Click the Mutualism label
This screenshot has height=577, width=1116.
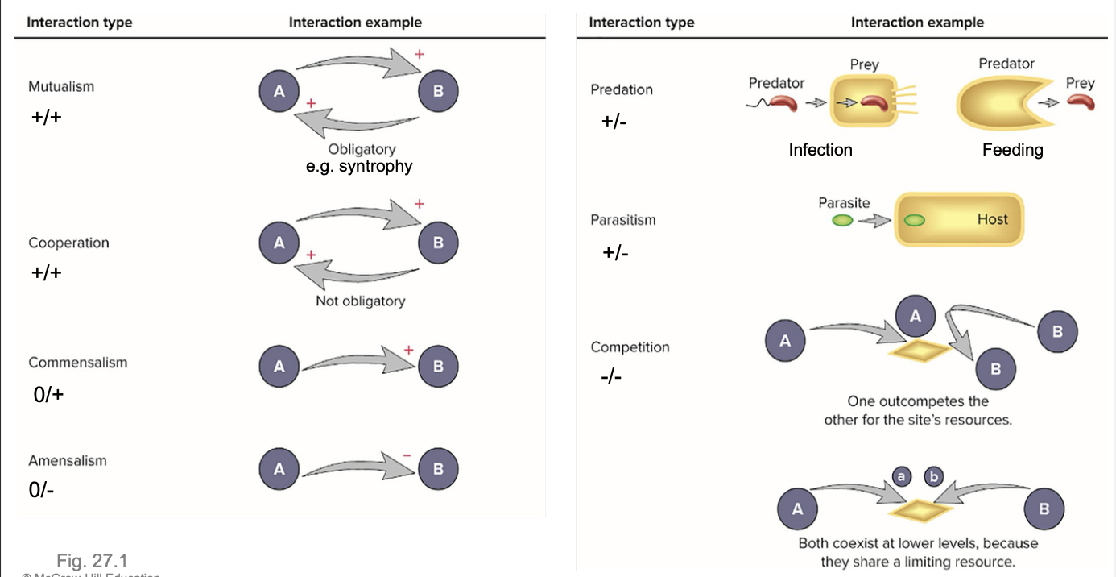[x=61, y=86]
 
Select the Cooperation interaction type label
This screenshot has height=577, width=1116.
[x=68, y=243]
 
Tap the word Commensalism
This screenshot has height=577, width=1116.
[x=78, y=363]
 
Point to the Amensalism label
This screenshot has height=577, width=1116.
[x=68, y=461]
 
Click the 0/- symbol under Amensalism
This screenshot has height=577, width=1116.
[x=42, y=490]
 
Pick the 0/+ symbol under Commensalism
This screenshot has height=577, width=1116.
[x=48, y=395]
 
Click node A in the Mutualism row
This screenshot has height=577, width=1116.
[x=279, y=91]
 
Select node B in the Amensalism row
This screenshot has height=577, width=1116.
[x=438, y=469]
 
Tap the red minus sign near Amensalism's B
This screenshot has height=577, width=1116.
[x=407, y=455]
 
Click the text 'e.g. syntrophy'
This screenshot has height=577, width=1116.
[x=359, y=167]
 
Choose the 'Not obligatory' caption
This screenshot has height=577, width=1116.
[x=360, y=301]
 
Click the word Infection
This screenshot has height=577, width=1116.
[x=820, y=150]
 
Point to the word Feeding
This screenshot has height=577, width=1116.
[x=1012, y=150]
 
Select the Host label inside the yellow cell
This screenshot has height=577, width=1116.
[x=992, y=219]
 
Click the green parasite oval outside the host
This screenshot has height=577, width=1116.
[x=842, y=221]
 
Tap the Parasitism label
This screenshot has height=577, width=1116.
[x=623, y=220]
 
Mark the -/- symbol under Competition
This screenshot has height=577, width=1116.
[x=612, y=376]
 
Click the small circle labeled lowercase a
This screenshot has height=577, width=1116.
[x=902, y=477]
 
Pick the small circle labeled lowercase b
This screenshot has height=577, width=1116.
[x=934, y=477]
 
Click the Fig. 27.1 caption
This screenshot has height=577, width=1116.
[x=92, y=560]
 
